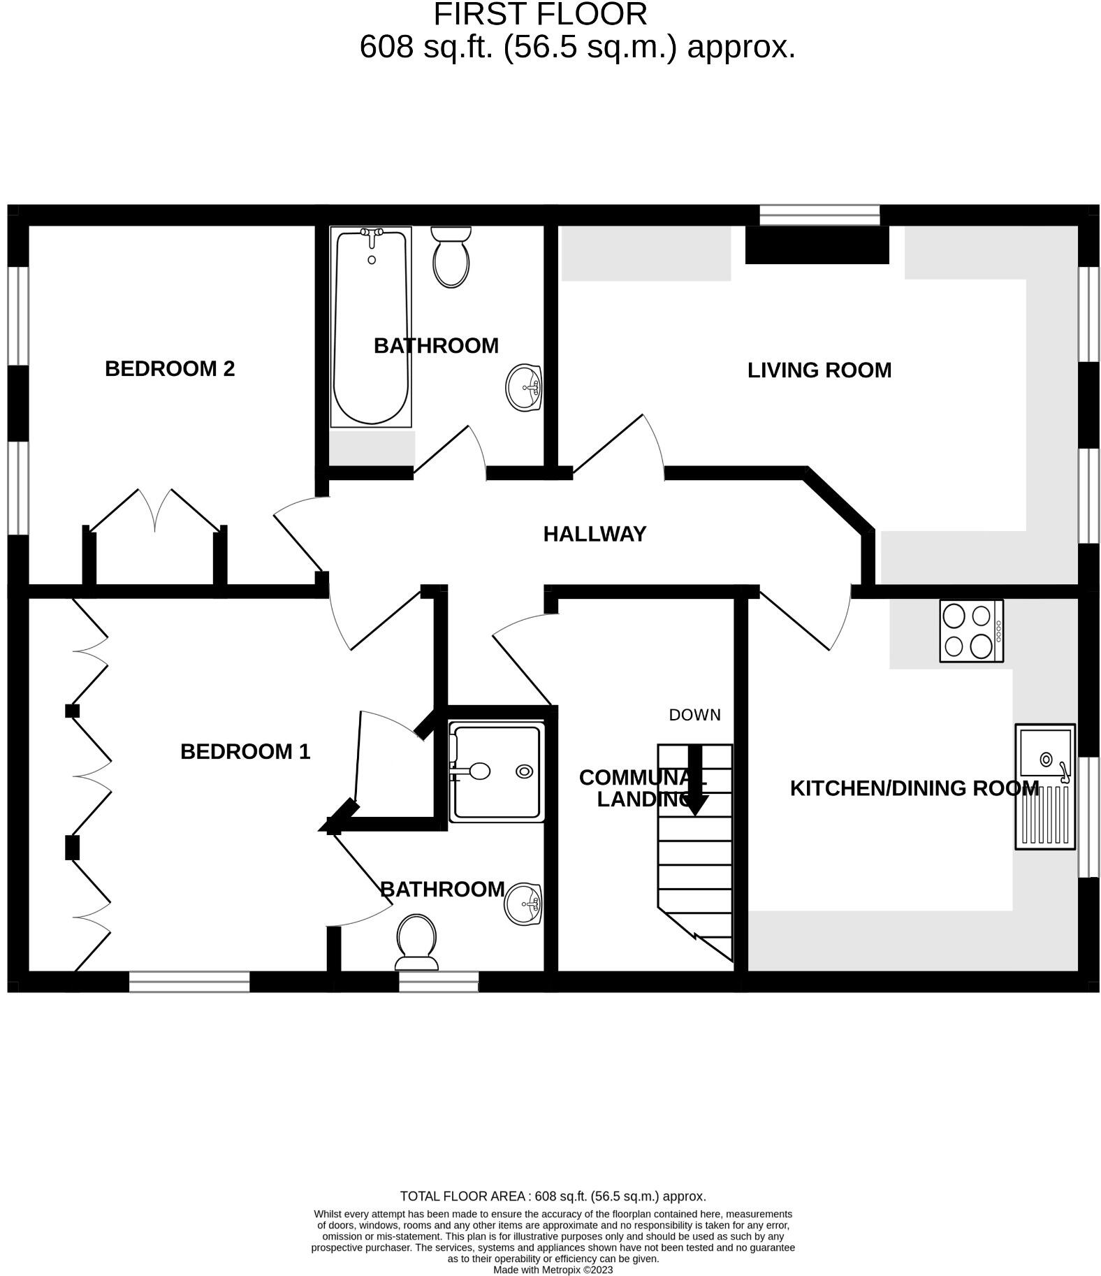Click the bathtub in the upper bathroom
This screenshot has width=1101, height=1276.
pyautogui.click(x=370, y=327)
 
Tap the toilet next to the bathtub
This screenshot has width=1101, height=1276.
pyautogui.click(x=451, y=257)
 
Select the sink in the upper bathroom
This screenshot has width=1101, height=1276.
pyautogui.click(x=523, y=387)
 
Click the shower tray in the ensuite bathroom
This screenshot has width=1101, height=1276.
pyautogui.click(x=497, y=772)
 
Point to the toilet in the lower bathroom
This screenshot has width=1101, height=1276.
pyautogui.click(x=416, y=943)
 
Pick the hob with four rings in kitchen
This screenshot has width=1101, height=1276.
pyautogui.click(x=971, y=630)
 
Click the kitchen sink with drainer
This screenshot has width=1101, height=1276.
pyautogui.click(x=1044, y=787)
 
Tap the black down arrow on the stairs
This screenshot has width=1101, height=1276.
pyautogui.click(x=695, y=780)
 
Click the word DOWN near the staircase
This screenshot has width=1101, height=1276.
pyautogui.click(x=694, y=715)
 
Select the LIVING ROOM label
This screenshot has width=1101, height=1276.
pyautogui.click(x=819, y=370)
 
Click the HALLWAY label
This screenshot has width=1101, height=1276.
pyautogui.click(x=595, y=534)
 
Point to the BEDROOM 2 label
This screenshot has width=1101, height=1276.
pyautogui.click(x=170, y=368)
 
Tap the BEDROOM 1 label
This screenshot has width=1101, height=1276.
pyautogui.click(x=245, y=751)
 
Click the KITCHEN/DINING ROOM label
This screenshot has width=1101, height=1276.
pyautogui.click(x=914, y=788)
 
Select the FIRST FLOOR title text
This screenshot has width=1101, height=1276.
pyautogui.click(x=540, y=14)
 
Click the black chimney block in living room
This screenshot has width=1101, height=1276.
pyautogui.click(x=817, y=245)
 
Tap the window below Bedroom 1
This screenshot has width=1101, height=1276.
pyautogui.click(x=189, y=981)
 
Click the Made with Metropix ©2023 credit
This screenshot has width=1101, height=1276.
pyautogui.click(x=553, y=1270)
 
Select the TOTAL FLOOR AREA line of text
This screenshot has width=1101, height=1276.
pyautogui.click(x=553, y=1196)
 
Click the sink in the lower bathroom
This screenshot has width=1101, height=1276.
pyautogui.click(x=523, y=904)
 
